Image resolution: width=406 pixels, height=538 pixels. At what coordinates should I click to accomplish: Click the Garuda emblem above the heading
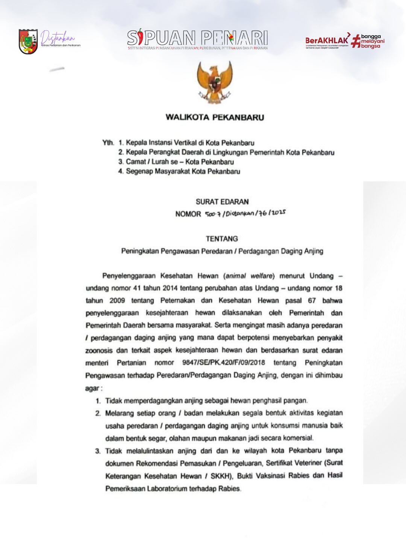[x=215, y=82]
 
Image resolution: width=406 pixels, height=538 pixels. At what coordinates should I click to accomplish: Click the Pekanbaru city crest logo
[x=28, y=41]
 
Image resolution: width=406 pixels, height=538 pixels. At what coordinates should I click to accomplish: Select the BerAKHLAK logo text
[x=327, y=40]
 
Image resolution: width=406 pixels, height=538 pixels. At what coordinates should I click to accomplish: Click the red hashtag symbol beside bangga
[x=356, y=41]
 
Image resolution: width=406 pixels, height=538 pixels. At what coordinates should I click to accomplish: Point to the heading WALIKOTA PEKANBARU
[x=215, y=117]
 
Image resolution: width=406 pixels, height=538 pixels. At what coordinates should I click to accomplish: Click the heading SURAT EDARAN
[x=222, y=202]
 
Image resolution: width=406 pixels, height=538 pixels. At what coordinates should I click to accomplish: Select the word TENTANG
[x=222, y=239]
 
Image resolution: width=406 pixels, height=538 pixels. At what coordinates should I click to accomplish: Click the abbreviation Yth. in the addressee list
[x=108, y=143]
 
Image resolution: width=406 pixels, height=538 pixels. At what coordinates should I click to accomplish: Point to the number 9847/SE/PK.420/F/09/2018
[x=223, y=363]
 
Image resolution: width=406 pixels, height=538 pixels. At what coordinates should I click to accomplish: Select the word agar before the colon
[x=92, y=388]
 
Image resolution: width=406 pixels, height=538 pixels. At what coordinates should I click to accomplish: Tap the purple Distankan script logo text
[x=58, y=37]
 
